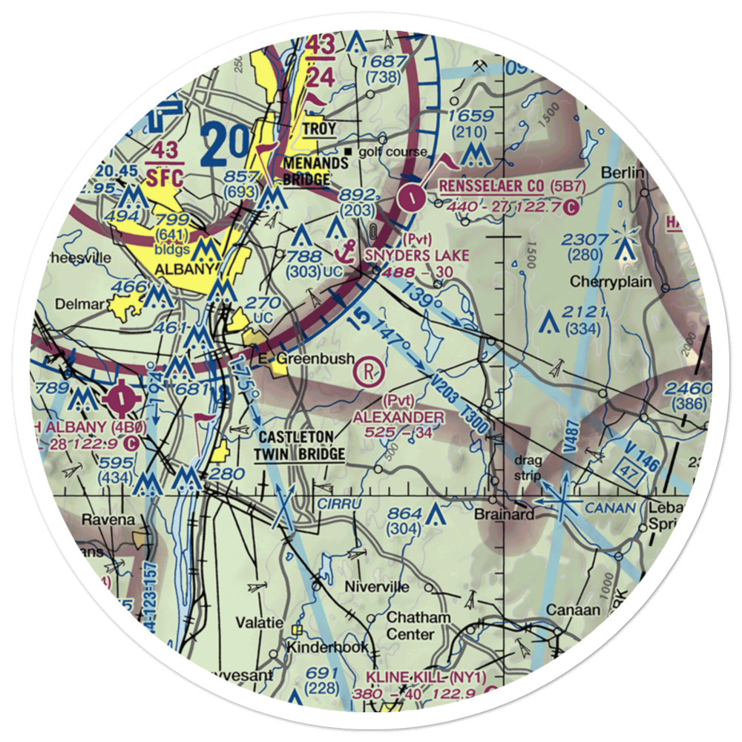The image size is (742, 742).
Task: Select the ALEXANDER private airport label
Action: point(398,418)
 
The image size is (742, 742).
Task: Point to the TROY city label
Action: point(319,129)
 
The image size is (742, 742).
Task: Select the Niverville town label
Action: point(378,587)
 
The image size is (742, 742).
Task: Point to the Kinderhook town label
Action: point(328,648)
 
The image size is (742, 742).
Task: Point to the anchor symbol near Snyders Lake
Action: point(343,252)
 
